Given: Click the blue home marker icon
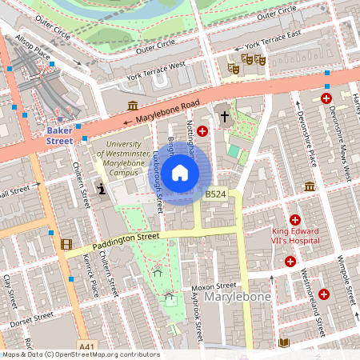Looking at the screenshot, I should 180,173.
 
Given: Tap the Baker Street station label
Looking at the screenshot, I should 59,134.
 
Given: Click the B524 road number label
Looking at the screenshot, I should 214,194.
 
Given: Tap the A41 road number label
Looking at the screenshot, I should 88,346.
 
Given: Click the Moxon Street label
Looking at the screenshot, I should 214,286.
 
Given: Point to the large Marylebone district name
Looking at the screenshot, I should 238,298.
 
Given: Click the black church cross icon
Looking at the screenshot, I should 225,117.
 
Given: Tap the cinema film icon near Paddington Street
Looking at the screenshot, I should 66,244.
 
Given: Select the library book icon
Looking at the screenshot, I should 283,342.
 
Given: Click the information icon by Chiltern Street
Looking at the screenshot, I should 102,189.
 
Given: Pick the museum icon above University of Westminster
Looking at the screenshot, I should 133,106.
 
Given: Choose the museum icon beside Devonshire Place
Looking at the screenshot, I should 309,186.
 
